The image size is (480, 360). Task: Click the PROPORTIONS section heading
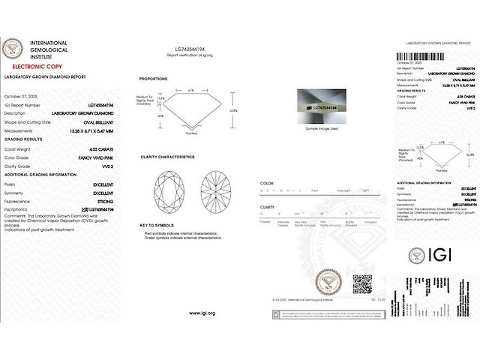tap(154, 79)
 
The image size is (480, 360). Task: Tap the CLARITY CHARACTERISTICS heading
tap(167, 157)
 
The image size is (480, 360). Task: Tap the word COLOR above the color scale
tap(266, 183)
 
